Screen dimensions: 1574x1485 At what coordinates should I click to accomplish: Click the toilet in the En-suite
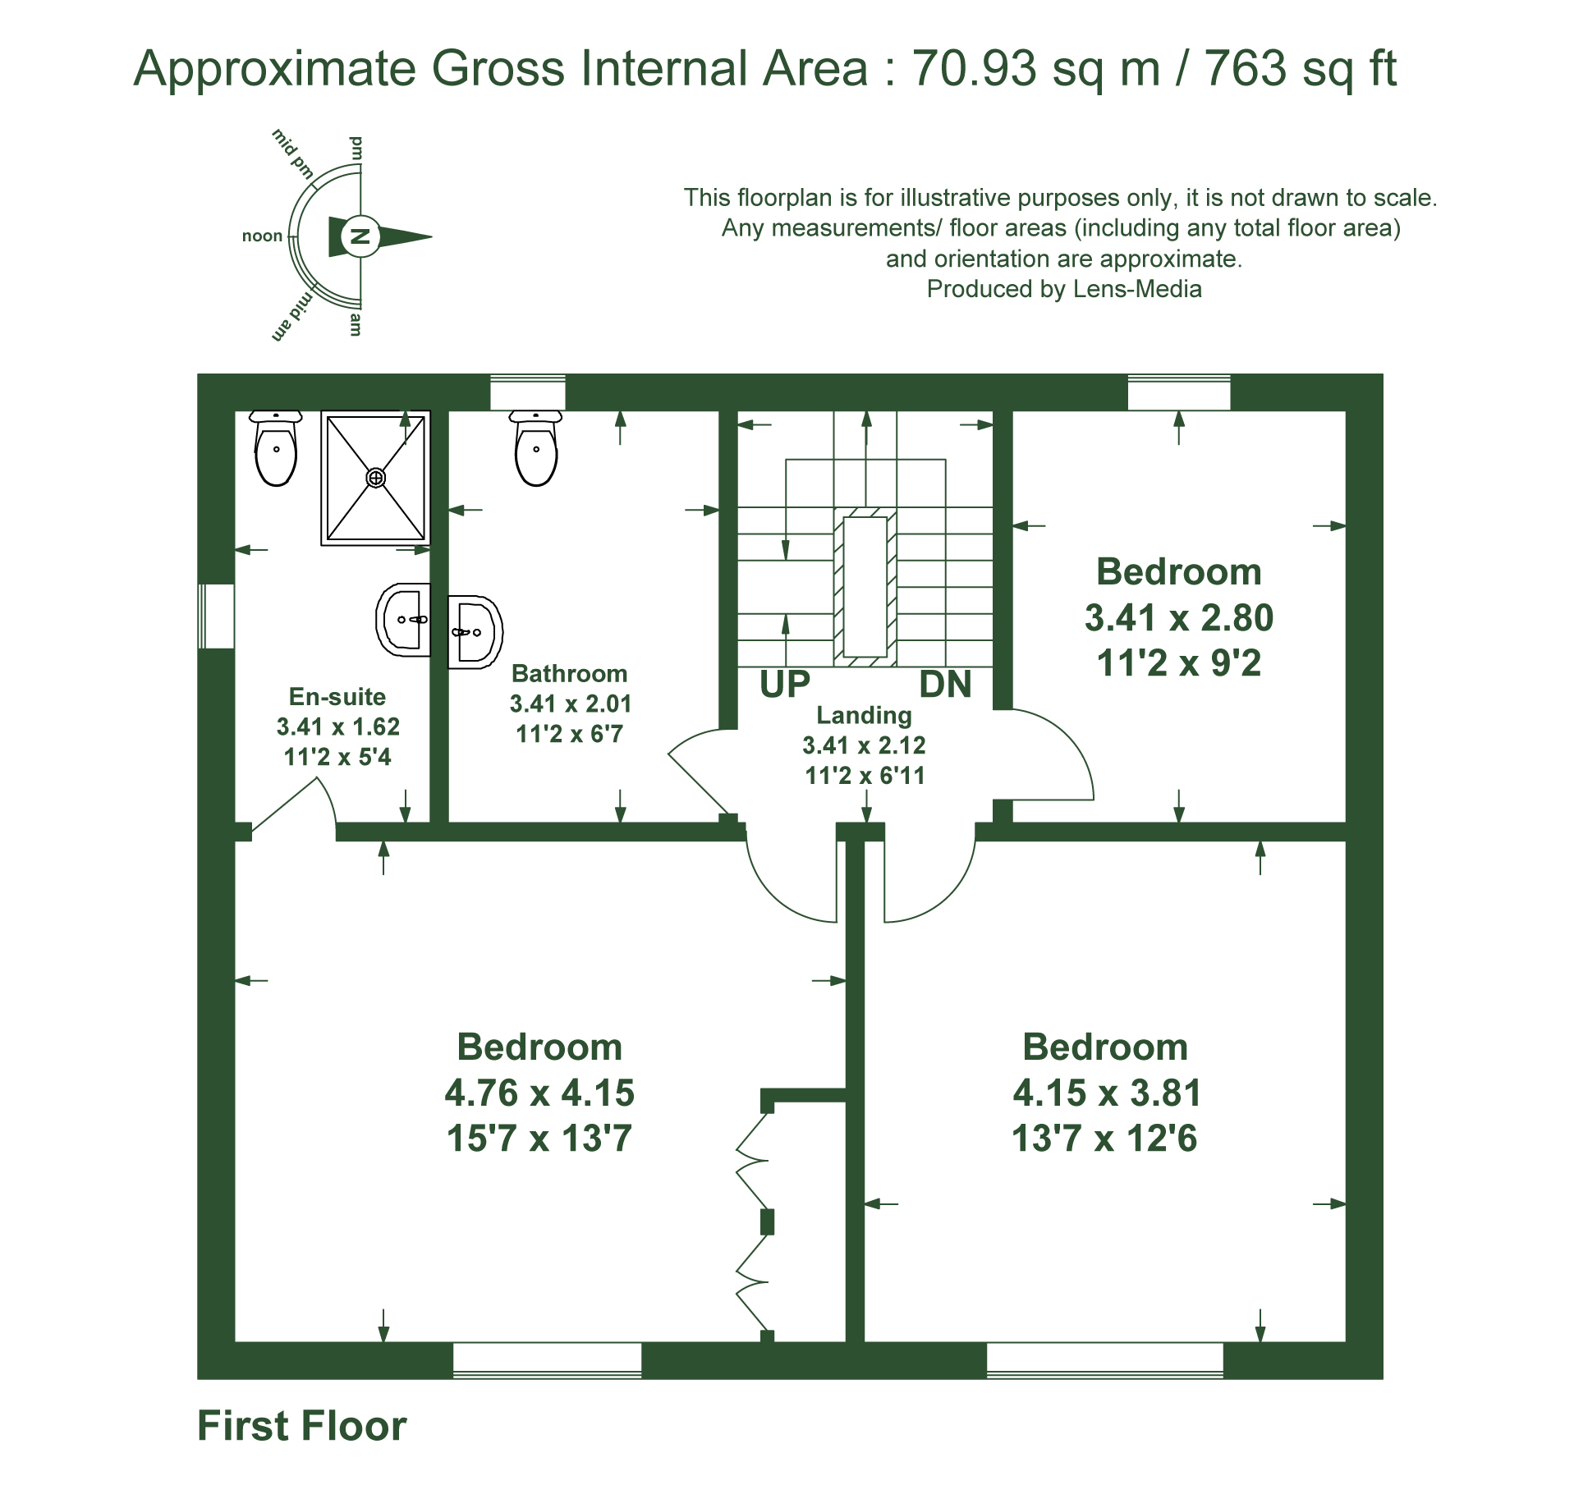coord(276,448)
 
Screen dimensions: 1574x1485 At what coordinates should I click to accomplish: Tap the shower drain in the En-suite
coord(375,477)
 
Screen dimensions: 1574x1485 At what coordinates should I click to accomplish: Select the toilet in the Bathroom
coord(536,448)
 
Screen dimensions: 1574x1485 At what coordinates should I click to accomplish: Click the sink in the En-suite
coord(403,620)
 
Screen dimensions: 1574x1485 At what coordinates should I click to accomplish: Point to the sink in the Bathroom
coord(475,631)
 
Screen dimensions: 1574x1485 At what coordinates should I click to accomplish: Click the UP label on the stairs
coord(785,685)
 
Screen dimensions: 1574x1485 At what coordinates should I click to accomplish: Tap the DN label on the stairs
coord(945,685)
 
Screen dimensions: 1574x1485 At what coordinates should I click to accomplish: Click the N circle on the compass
coord(360,237)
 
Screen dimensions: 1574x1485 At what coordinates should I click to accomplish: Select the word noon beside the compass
coord(262,236)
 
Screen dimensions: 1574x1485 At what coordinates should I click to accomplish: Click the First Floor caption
coord(302,1426)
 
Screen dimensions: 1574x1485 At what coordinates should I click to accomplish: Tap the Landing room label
coord(864,715)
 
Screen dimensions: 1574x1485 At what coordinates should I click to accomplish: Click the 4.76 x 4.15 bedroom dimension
coord(539,1093)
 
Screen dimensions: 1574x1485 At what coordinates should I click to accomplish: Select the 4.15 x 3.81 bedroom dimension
coord(1107,1093)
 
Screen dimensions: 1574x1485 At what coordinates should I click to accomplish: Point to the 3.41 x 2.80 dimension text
coord(1179,617)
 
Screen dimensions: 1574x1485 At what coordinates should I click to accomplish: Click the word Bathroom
coord(569,674)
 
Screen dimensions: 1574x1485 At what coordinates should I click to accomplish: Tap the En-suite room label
coord(337,697)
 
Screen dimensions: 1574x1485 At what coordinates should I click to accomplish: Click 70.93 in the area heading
coord(974,67)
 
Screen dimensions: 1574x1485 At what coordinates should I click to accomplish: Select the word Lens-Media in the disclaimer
coord(1137,289)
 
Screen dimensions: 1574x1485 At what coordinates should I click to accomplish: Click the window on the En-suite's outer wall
coord(217,616)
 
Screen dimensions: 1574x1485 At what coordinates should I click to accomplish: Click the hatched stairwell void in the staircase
coord(865,587)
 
